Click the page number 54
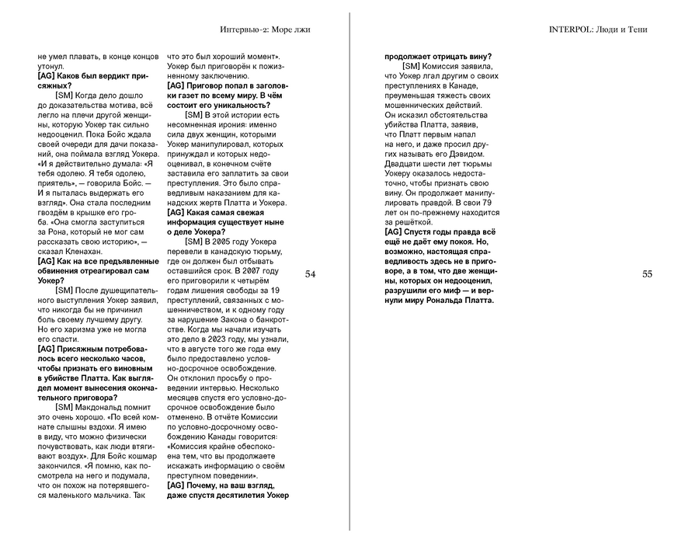coord(310,274)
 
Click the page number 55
coord(648,274)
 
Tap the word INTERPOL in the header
coord(571,30)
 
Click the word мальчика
coord(111,494)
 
